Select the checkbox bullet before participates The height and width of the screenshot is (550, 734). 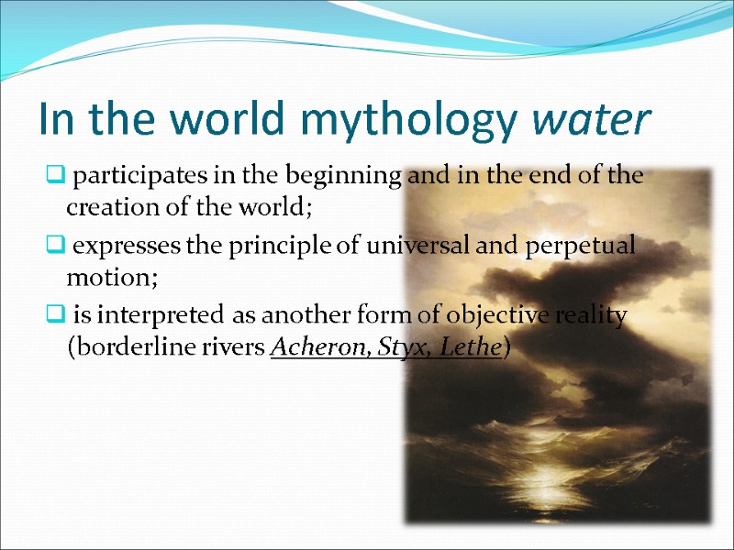coord(55,176)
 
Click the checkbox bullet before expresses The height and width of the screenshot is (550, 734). coord(55,246)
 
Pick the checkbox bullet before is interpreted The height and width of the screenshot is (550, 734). coord(55,316)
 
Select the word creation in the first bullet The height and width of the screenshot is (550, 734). coord(106,208)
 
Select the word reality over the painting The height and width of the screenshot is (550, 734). coord(594,316)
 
